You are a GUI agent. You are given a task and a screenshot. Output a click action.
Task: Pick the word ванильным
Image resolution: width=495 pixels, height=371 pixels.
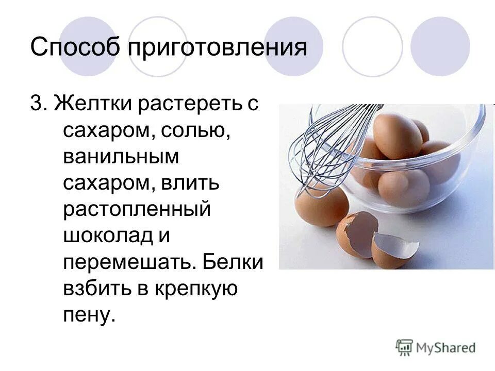pos(121,157)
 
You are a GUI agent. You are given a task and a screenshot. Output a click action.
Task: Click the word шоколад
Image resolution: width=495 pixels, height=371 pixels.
pos(108,236)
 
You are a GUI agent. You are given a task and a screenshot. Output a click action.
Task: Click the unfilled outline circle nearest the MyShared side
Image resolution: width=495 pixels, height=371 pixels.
pos(372,46)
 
